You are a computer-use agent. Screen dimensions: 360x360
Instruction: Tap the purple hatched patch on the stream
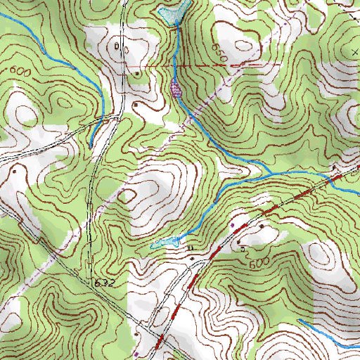176,89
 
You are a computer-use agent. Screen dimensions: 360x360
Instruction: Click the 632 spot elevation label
105,281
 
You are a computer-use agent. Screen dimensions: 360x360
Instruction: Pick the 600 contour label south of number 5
258,262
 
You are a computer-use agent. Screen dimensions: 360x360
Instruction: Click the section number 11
190,248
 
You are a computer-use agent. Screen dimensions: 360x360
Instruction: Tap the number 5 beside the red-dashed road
243,248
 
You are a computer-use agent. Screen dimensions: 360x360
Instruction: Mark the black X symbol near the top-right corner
354,53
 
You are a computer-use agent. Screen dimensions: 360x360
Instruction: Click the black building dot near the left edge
13,170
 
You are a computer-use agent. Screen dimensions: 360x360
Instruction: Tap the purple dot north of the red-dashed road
233,225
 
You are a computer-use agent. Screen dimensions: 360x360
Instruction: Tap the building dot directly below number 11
193,258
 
